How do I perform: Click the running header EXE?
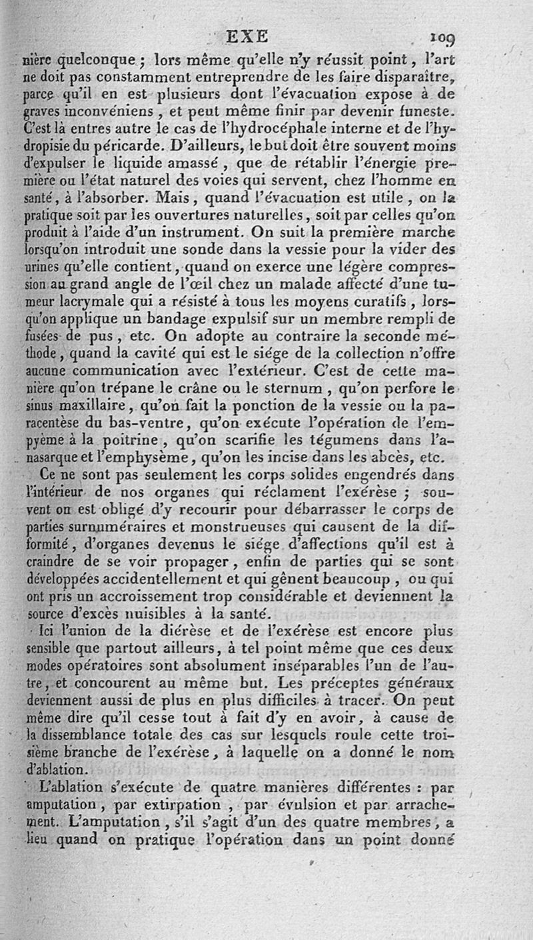pyautogui.click(x=247, y=35)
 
